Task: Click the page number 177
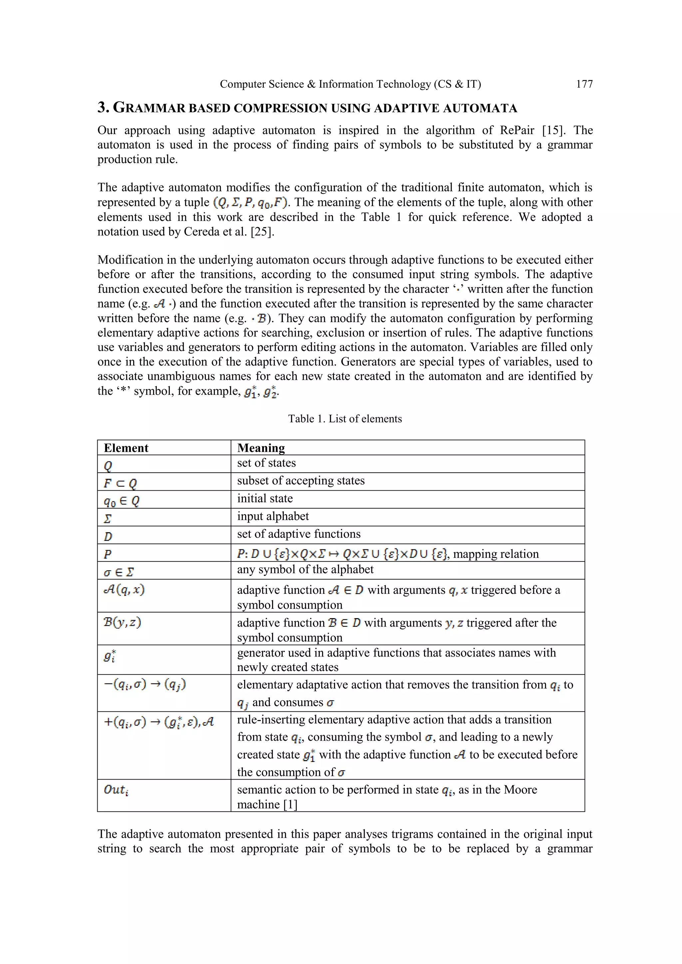tap(584, 85)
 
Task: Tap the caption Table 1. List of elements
tap(345, 419)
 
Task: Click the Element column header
tap(126, 448)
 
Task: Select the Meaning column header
tap(261, 448)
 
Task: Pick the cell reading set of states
tap(266, 463)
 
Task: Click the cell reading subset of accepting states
tap(301, 481)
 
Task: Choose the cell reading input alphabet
tap(273, 516)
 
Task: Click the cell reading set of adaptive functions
tap(299, 534)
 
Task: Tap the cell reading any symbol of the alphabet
tap(305, 570)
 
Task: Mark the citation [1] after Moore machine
tap(290, 805)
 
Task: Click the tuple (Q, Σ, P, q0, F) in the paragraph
tap(250, 203)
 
